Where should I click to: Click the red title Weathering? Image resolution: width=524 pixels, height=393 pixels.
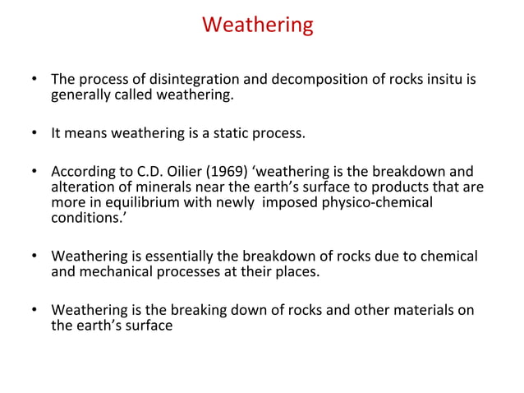258,25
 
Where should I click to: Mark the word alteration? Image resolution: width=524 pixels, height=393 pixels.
80,187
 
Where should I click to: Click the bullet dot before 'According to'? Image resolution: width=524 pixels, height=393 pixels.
34,172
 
